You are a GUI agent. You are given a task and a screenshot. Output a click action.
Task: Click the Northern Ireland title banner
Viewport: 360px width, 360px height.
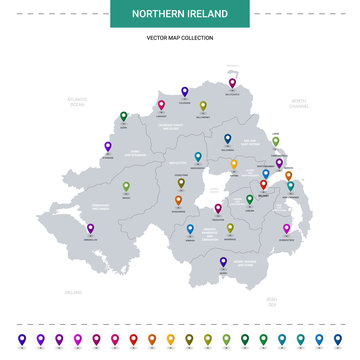pyautogui.click(x=180, y=15)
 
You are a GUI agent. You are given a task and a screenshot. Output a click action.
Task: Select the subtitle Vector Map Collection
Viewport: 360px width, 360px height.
pyautogui.click(x=180, y=37)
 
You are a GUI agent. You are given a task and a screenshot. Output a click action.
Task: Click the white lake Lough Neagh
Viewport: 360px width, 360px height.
pyautogui.click(x=212, y=189)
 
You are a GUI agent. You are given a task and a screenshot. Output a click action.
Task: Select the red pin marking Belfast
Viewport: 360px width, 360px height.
pyautogui.click(x=264, y=184)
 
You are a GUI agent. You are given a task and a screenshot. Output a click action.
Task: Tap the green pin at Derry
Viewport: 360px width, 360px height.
pyautogui.click(x=123, y=116)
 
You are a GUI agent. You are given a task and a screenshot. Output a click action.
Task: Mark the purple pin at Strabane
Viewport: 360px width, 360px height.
pyautogui.click(x=107, y=146)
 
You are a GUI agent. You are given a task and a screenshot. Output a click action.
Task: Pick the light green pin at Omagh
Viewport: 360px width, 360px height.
pyautogui.click(x=126, y=185)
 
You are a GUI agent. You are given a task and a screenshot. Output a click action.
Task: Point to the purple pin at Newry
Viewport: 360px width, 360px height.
pyautogui.click(x=223, y=260)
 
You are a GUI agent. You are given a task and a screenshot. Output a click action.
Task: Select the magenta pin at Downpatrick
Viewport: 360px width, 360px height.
pyautogui.click(x=286, y=228)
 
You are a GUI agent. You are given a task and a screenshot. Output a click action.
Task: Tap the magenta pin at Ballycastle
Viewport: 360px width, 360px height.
pyautogui.click(x=232, y=84)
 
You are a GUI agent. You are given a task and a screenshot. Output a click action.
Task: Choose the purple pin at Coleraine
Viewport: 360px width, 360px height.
pyautogui.click(x=184, y=90)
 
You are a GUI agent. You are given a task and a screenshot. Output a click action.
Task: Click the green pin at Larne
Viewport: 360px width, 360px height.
pyautogui.click(x=275, y=141)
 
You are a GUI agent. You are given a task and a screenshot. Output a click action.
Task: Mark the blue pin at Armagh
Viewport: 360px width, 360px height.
pyautogui.click(x=190, y=229)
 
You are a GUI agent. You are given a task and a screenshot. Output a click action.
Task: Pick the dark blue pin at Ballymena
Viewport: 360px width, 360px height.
pyautogui.click(x=227, y=139)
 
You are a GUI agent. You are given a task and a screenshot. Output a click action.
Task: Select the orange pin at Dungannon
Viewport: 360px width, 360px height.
pyautogui.click(x=178, y=200)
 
